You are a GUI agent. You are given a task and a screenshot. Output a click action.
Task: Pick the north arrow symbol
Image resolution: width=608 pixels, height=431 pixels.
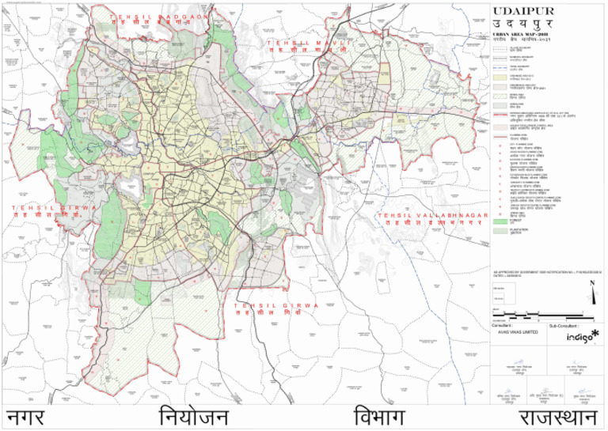tap(592, 297)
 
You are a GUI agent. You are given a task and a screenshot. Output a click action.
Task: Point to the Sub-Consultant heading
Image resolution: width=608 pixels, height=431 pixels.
tap(557, 325)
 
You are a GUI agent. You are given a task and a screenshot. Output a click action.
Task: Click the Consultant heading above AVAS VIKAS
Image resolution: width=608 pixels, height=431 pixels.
tap(503, 325)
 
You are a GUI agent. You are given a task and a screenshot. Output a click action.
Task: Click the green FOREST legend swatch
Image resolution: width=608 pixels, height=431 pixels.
tap(500, 223)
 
